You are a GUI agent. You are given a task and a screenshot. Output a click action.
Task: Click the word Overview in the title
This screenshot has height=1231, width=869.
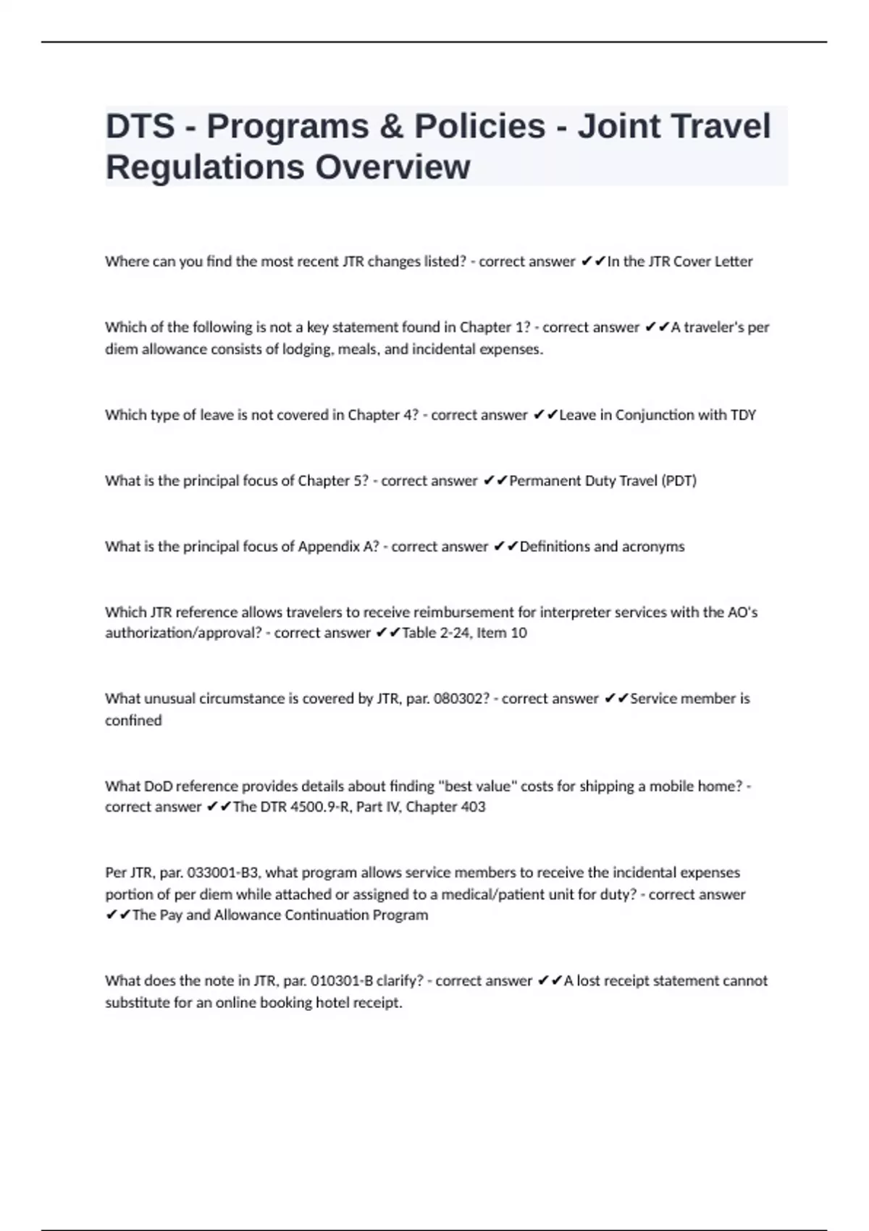pos(392,167)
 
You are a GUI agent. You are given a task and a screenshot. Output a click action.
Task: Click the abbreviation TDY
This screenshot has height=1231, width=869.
pos(743,415)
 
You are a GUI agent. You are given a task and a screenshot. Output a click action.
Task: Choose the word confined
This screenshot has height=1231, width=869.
pos(133,720)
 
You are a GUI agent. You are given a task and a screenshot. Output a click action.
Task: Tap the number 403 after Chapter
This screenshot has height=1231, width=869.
pos(472,807)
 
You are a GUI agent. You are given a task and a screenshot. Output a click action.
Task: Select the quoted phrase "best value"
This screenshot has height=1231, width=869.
pos(477,786)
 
